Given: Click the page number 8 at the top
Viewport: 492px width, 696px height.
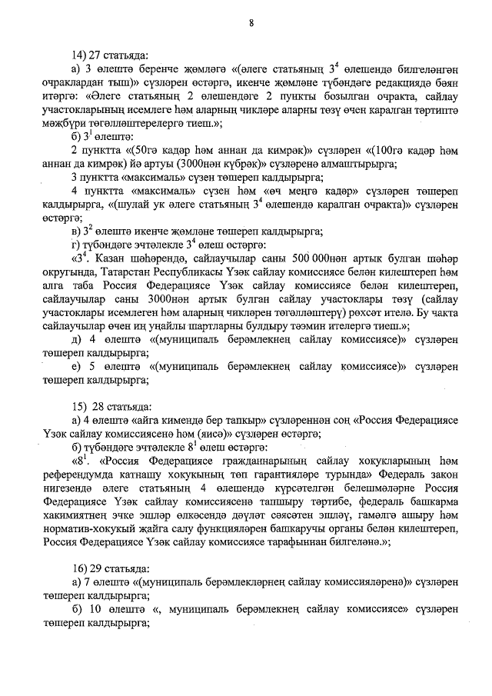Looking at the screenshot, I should (x=251, y=22).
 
